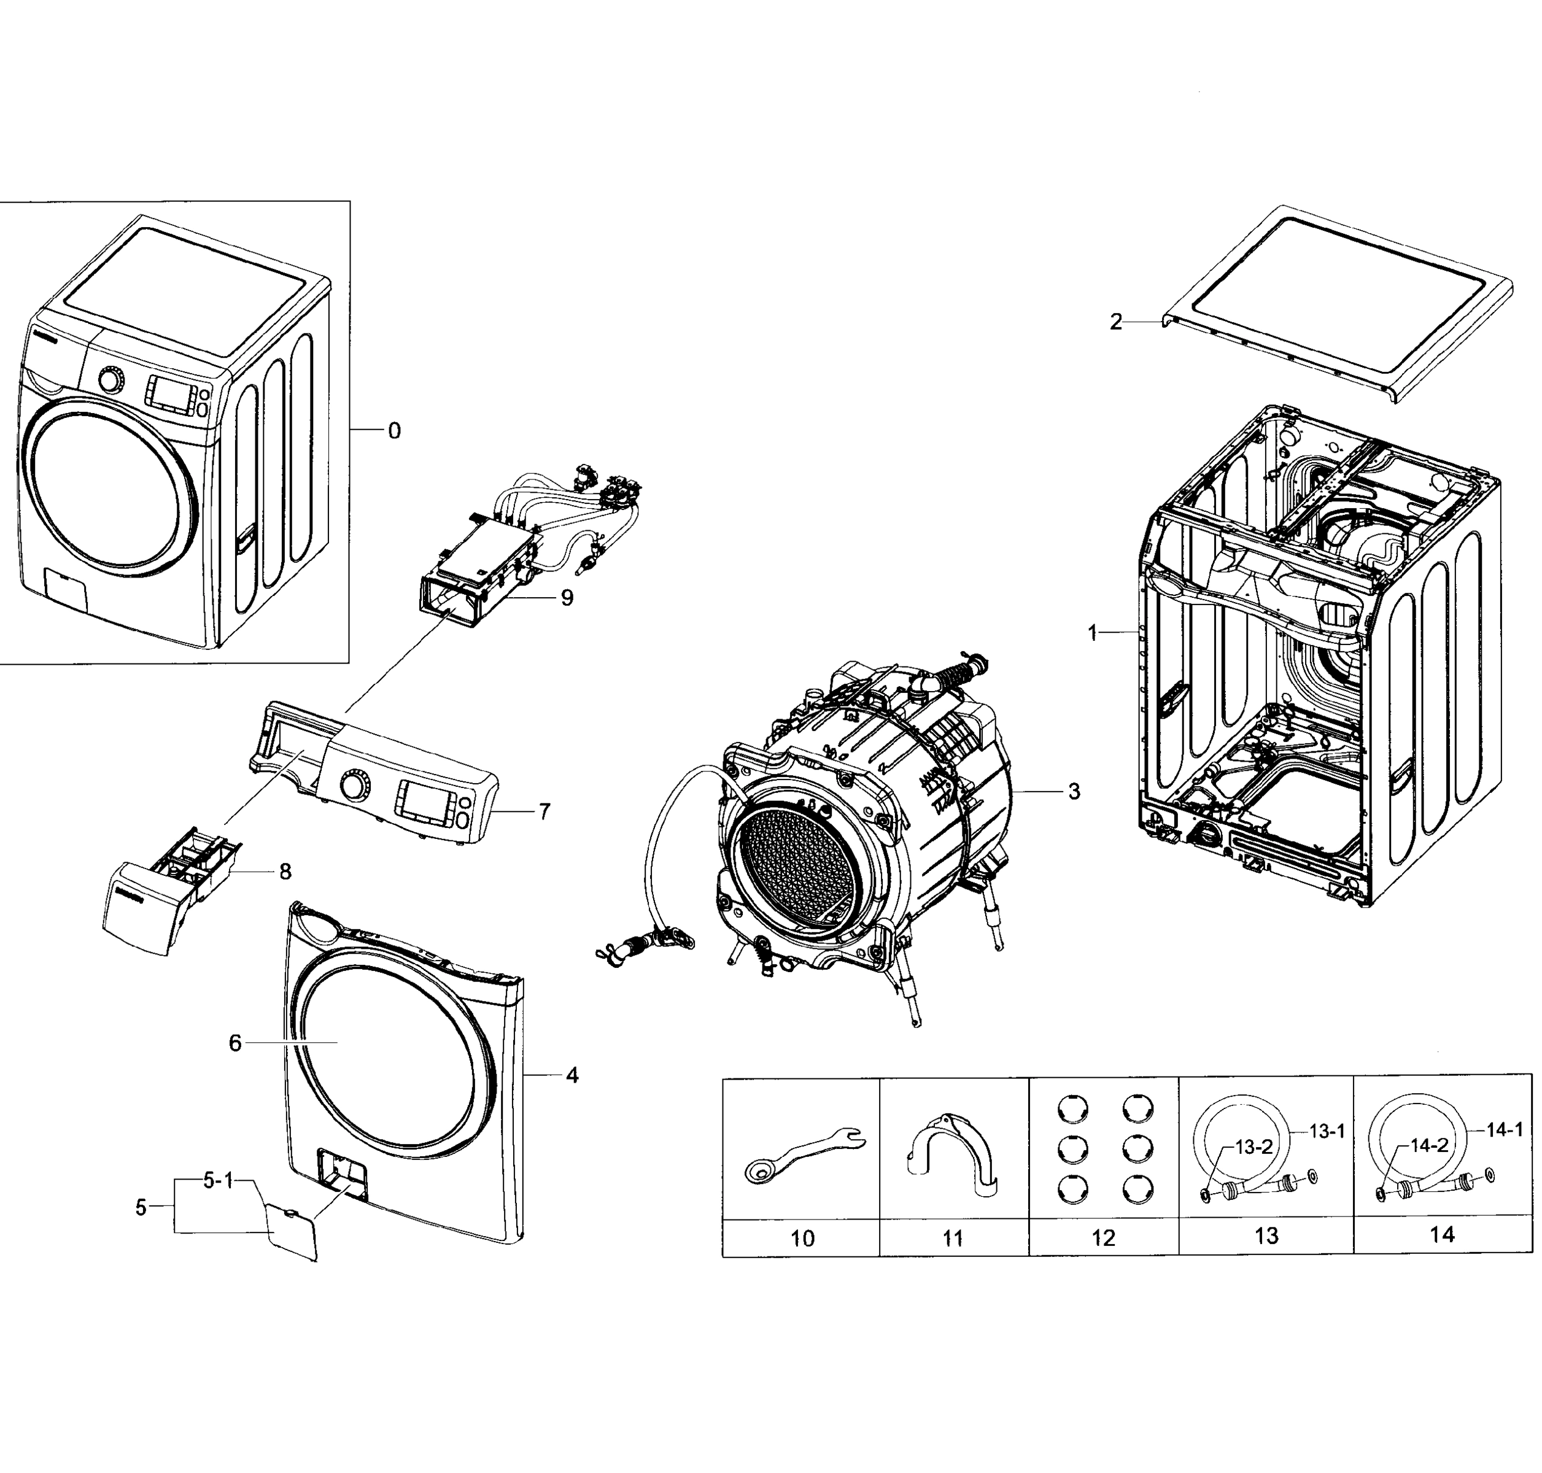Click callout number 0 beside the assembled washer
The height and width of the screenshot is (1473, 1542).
(x=394, y=431)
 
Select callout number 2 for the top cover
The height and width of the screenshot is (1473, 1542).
(x=1115, y=322)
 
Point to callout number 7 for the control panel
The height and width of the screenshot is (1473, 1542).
(x=544, y=811)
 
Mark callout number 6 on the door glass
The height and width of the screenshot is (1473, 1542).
(x=234, y=1043)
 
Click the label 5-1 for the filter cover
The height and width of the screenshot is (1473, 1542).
(x=219, y=1181)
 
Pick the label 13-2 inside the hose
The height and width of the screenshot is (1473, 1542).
(x=1253, y=1147)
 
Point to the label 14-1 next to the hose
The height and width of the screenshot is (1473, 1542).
(x=1505, y=1130)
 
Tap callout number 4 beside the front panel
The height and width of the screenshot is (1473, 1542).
(x=571, y=1075)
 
